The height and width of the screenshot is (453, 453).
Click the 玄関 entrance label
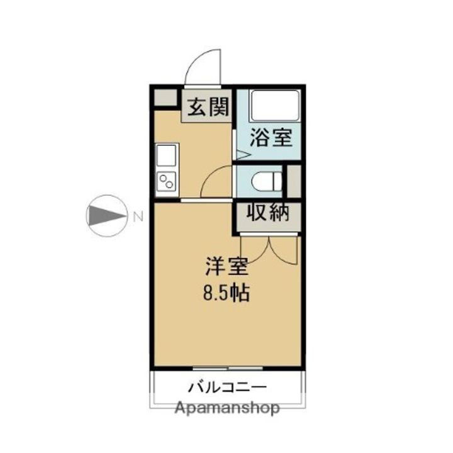pos(208,106)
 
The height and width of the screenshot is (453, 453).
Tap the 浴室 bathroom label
pos(271,137)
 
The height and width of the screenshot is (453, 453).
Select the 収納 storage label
pos(267,213)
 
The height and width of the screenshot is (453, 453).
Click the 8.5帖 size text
pos(226,293)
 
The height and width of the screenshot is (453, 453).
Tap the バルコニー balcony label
pos(227,388)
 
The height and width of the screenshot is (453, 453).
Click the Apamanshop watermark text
pos(227,408)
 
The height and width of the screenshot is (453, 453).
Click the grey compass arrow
pos(107,216)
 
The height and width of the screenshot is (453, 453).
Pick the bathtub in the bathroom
pos(275,106)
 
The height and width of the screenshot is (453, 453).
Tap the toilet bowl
pos(267,181)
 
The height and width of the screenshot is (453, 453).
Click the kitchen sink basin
pos(166,155)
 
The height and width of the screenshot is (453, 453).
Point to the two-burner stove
pos(166,181)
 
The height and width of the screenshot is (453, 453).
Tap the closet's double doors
pos(269,249)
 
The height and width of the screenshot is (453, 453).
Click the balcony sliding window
pos(228,368)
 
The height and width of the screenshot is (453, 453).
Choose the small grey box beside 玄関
pos(165,98)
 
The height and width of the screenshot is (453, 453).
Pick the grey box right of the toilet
pos(294,181)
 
